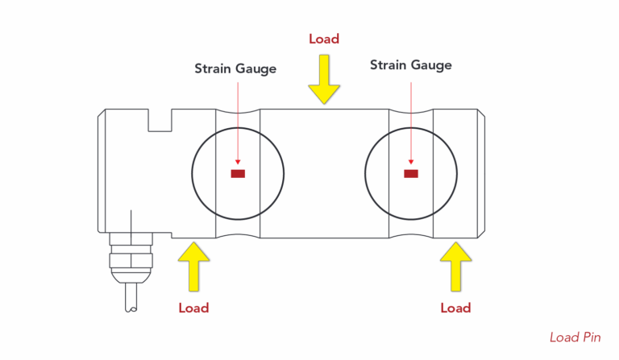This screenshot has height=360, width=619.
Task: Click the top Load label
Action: pyautogui.click(x=324, y=39)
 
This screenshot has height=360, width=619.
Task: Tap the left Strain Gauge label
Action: pyautogui.click(x=235, y=68)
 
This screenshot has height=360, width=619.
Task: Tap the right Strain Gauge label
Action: pyautogui.click(x=410, y=64)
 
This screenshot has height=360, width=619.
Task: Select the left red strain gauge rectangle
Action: pyautogui.click(x=238, y=173)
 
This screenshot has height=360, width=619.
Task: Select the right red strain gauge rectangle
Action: pyautogui.click(x=411, y=173)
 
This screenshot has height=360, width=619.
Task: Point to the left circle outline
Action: pyautogui.click(x=193, y=173)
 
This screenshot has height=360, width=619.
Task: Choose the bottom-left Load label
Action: pyautogui.click(x=193, y=308)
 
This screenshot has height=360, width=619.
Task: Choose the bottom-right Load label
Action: pyautogui.click(x=455, y=308)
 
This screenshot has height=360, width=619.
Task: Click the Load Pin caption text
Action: pyautogui.click(x=575, y=337)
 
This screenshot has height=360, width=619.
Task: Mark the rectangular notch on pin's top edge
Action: pyautogui.click(x=160, y=120)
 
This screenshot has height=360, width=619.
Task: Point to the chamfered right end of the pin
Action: pyautogui.click(x=481, y=173)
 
